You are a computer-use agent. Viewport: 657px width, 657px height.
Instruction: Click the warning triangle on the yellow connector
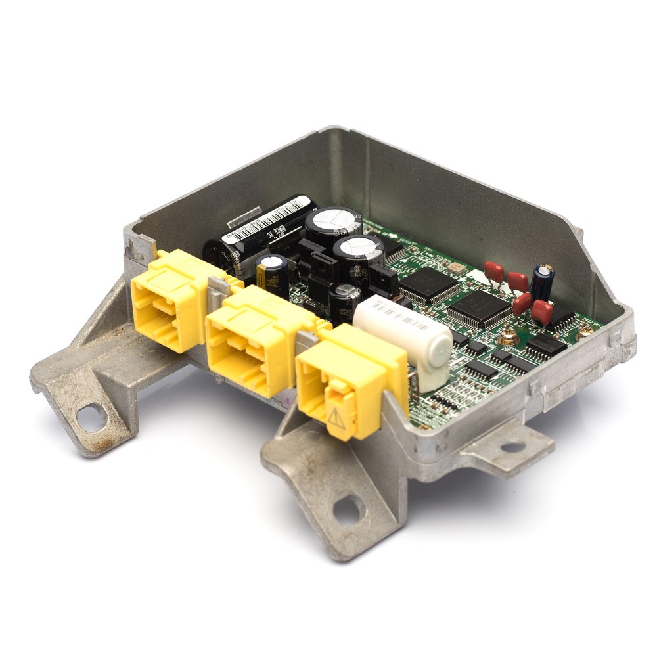pyautogui.click(x=336, y=418)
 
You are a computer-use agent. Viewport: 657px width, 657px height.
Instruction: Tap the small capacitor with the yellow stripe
pyautogui.click(x=272, y=275)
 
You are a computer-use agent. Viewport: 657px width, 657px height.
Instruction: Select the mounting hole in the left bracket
pyautogui.click(x=91, y=417)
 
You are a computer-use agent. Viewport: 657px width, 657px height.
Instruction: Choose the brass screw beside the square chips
pyautogui.click(x=507, y=338)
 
